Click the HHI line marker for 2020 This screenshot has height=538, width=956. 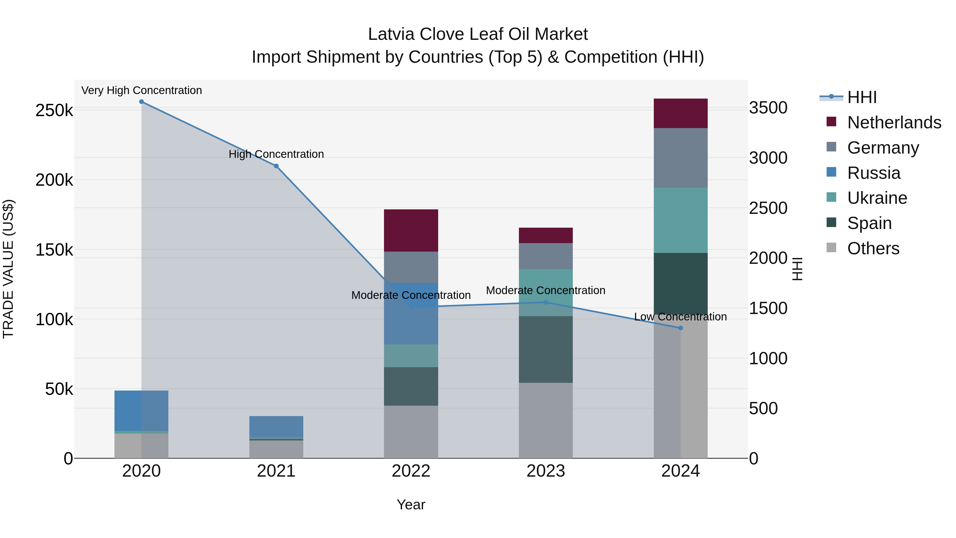pos(141,102)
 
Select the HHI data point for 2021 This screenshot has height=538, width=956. pos(276,166)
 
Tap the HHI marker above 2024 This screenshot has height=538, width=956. pos(680,328)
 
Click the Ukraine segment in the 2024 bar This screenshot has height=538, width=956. pos(680,220)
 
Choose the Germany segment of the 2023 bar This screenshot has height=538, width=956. pos(545,256)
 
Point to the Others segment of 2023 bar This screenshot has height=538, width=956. pos(545,420)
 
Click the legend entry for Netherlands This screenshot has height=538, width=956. pos(894,122)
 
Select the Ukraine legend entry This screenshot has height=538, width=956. pos(877,198)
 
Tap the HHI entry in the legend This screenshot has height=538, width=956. pos(862,97)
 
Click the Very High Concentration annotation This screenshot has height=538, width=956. pos(141,90)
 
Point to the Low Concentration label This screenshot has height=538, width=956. pos(680,317)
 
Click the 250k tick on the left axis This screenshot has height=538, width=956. pos(54,110)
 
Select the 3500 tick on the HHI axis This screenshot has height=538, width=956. pos(768,108)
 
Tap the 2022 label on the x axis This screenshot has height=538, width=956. pos(411,471)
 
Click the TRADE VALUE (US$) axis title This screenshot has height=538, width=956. pos(8,269)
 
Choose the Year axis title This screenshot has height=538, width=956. pos(411,505)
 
